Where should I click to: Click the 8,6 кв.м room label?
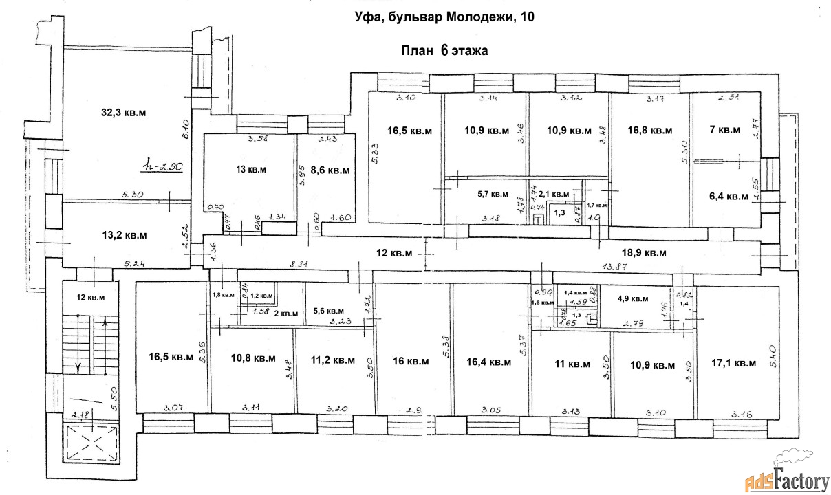click(330, 170)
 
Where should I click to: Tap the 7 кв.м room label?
click(724, 130)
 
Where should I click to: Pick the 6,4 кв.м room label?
click(728, 197)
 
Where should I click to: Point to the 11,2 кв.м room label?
click(332, 360)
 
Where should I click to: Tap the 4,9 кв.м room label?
click(633, 298)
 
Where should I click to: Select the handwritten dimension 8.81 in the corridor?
click(301, 263)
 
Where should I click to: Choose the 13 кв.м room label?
click(251, 169)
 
